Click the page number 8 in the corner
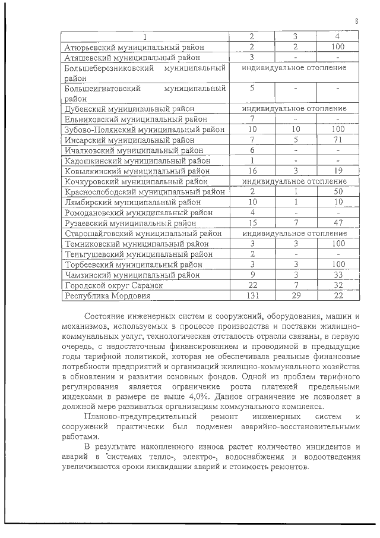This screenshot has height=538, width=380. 357,21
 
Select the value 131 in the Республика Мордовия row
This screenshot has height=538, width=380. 252,295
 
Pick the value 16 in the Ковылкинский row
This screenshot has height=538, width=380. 252,171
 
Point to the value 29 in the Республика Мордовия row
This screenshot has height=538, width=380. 295,295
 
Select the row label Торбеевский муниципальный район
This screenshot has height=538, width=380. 133,264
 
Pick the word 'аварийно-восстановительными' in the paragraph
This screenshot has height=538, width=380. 313,427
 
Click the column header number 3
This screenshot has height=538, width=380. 295,36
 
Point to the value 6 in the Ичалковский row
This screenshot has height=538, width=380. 252,150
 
